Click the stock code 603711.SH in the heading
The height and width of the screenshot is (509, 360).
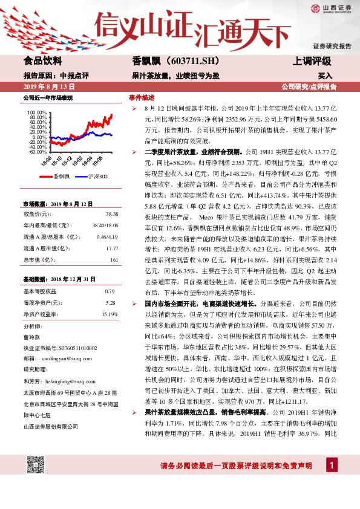pos(188,61)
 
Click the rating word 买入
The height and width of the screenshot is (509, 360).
pos(325,76)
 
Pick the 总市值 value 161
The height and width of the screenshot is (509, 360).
pos(113,260)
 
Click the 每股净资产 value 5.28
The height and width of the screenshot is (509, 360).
pos(110,303)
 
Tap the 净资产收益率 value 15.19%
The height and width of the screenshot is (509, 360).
pos(110,314)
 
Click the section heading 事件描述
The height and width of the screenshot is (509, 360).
pos(141,97)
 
